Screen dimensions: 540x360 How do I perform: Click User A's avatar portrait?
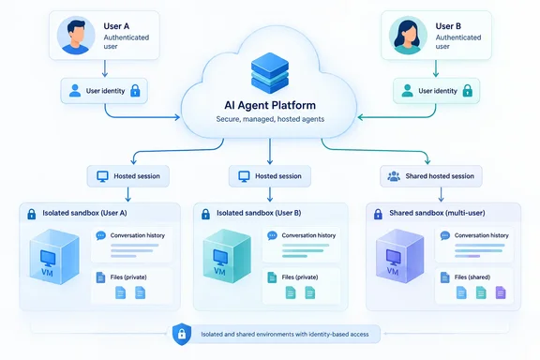[x=76, y=35]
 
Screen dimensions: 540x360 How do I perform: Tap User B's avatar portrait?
[x=408, y=35]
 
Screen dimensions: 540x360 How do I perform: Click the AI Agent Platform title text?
[x=270, y=105]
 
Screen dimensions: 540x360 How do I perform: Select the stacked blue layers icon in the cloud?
[x=270, y=73]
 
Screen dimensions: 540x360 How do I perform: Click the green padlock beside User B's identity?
[x=467, y=91]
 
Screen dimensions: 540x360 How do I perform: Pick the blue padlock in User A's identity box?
[x=135, y=91]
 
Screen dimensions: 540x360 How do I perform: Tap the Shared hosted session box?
[x=431, y=176]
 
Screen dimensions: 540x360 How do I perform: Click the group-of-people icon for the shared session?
[x=394, y=176]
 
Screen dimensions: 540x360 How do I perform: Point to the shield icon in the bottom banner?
[x=182, y=334]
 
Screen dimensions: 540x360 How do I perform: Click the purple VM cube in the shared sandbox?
[x=399, y=256]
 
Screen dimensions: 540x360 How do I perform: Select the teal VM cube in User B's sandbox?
[x=227, y=256]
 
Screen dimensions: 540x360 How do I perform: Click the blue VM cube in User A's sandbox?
[x=54, y=257]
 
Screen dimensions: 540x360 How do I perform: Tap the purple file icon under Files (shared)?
[x=501, y=292]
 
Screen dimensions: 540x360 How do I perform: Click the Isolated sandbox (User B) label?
[x=259, y=213]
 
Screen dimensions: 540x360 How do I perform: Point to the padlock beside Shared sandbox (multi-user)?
[x=378, y=214]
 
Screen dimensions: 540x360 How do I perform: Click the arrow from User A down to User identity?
[x=105, y=68]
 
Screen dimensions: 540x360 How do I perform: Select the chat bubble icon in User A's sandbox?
[x=100, y=235]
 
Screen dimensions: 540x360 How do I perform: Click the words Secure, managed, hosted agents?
[x=270, y=119]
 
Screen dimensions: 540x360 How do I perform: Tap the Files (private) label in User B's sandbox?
[x=300, y=277]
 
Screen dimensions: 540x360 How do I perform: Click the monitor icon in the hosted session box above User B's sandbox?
[x=244, y=176]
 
